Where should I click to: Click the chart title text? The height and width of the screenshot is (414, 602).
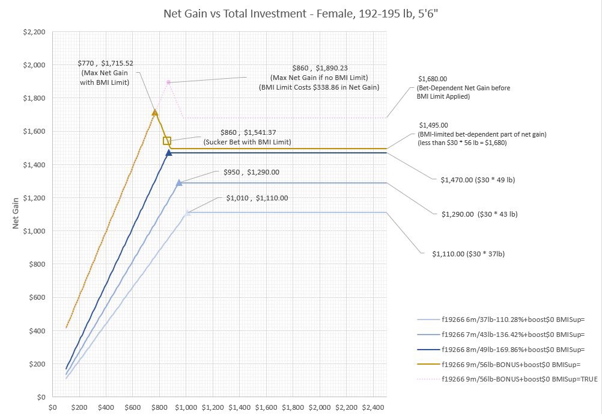point(301,13)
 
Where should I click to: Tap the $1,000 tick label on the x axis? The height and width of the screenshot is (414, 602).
point(186,407)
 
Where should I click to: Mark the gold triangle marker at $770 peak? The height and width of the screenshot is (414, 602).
point(155,112)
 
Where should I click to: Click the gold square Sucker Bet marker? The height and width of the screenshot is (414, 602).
point(167,141)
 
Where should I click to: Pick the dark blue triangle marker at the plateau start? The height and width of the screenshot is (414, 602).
point(169,153)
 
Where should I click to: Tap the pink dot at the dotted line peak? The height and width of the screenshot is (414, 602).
point(168,82)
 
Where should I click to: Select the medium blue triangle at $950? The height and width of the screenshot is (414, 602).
point(179,182)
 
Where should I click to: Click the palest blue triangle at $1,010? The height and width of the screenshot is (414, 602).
point(187,212)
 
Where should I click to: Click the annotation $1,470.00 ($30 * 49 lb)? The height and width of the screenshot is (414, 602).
point(478,179)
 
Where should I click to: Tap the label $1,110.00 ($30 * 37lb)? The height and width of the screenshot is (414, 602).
point(468,254)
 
